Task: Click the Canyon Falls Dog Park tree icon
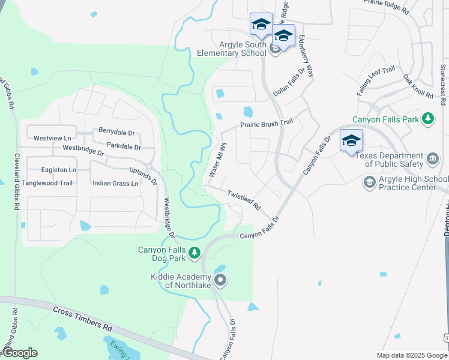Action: click(x=194, y=254)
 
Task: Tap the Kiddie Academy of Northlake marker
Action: click(x=220, y=280)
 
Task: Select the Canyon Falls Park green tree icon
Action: click(x=427, y=119)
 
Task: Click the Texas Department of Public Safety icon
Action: click(x=433, y=160)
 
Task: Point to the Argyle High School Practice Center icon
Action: click(x=370, y=181)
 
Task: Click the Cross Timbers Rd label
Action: click(x=82, y=319)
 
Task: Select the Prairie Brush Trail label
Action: click(x=266, y=124)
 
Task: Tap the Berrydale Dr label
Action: click(x=116, y=132)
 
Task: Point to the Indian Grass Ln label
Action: click(x=115, y=183)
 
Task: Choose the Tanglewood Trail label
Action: click(x=47, y=183)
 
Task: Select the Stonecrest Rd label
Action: click(x=442, y=83)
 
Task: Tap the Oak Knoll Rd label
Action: click(x=418, y=87)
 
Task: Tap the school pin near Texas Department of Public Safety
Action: click(x=351, y=142)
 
